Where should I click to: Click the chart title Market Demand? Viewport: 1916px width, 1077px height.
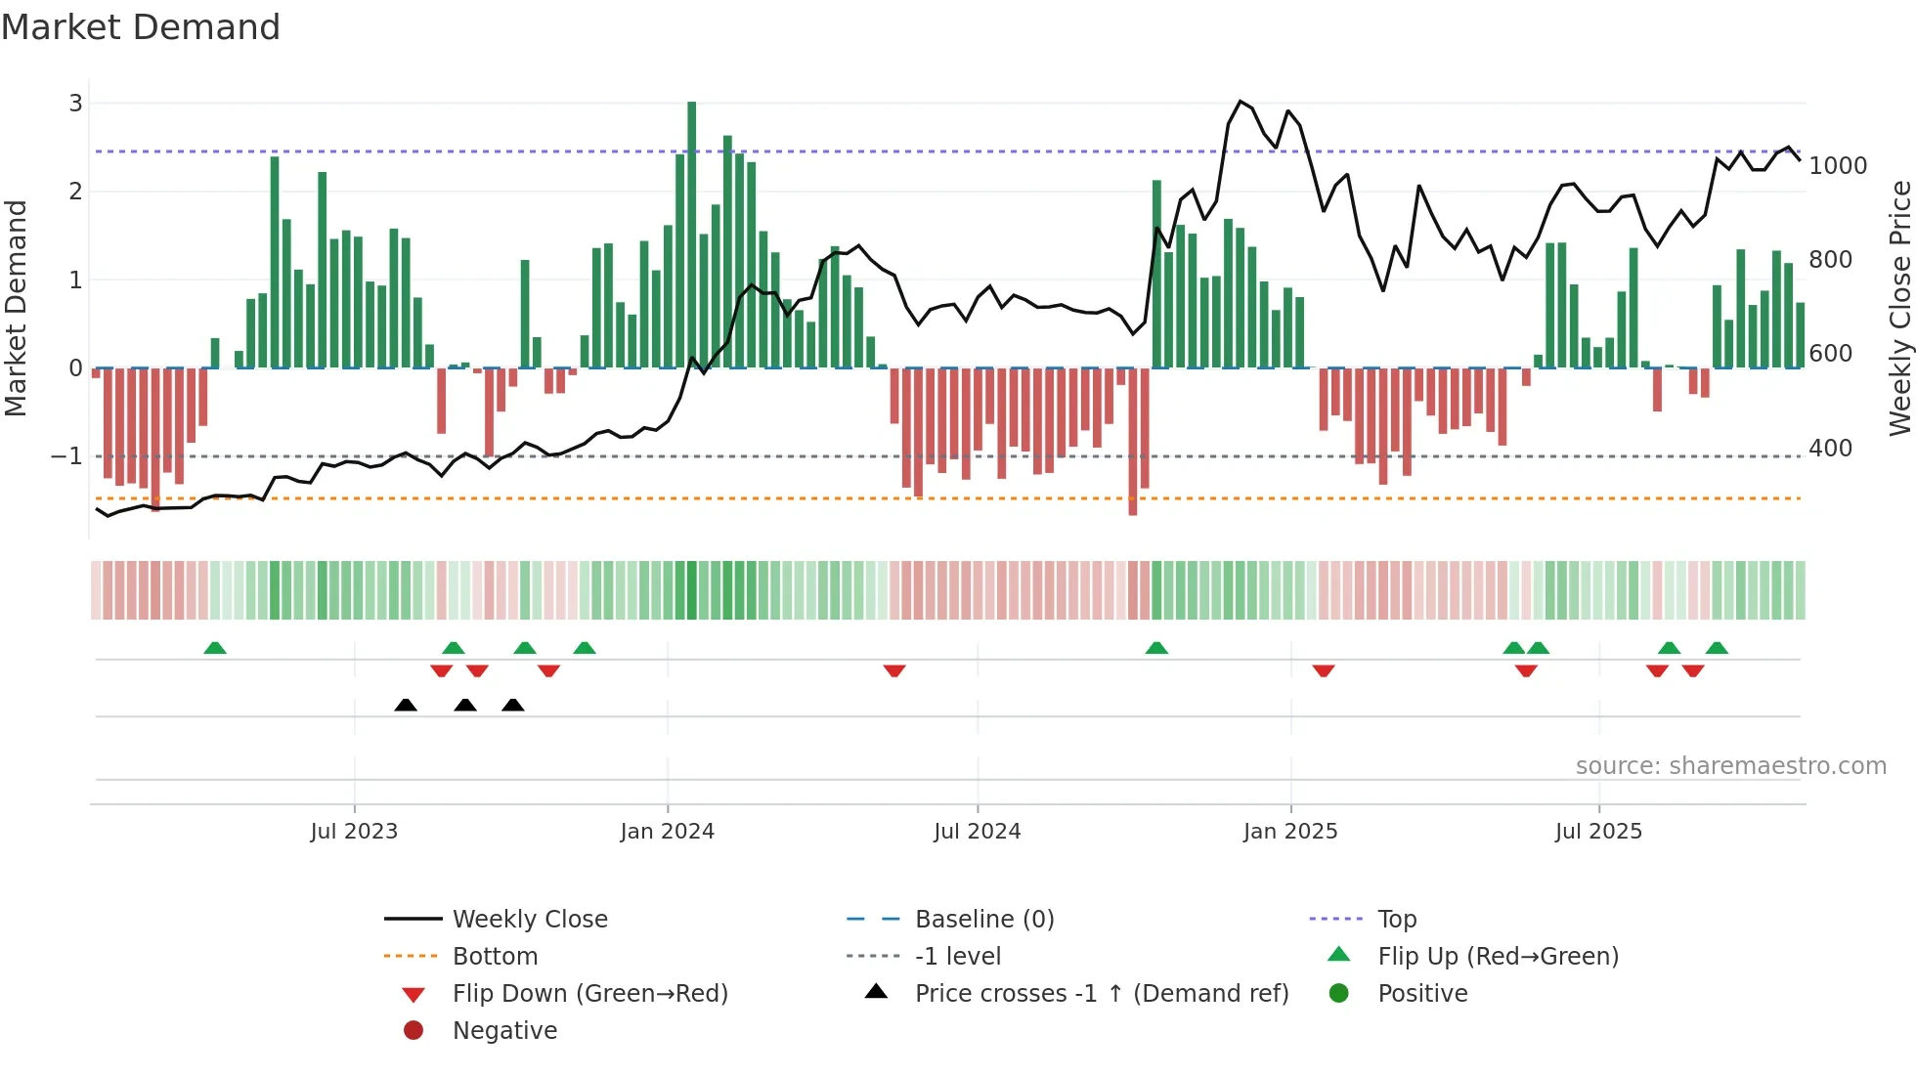click(141, 27)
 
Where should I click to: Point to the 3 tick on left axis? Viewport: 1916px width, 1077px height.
click(75, 103)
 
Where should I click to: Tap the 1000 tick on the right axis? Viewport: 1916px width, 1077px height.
click(1838, 166)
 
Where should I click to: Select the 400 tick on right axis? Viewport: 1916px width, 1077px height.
click(1830, 449)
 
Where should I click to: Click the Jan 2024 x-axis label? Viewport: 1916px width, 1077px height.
click(667, 832)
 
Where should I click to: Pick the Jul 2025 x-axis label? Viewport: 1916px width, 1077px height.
click(1598, 832)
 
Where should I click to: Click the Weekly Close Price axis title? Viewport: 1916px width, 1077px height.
click(1899, 308)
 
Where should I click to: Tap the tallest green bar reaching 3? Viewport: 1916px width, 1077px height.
click(692, 235)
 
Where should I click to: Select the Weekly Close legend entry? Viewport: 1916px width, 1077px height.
click(529, 920)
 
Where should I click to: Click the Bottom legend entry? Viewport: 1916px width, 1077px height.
click(495, 957)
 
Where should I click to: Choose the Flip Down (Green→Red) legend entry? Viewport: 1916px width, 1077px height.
click(589, 994)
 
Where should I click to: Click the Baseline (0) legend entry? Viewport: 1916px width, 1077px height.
click(983, 920)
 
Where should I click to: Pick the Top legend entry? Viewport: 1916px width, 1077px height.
click(1396, 920)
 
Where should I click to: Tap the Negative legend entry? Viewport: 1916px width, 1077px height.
click(504, 1031)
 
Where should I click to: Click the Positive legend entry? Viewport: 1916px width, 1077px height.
click(1422, 994)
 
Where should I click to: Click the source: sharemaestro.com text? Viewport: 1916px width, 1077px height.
click(1730, 766)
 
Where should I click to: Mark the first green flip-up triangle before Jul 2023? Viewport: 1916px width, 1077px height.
click(215, 648)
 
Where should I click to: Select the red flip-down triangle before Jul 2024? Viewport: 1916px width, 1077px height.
click(894, 670)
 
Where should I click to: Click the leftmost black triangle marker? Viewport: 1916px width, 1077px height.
click(406, 705)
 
